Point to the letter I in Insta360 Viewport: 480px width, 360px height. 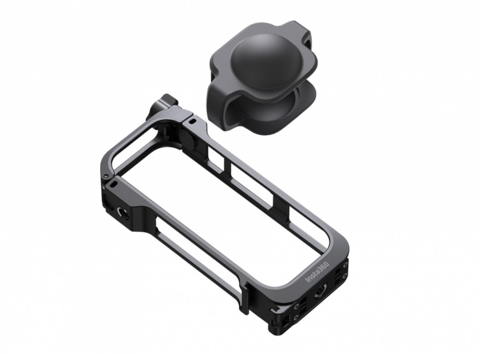[308, 280]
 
